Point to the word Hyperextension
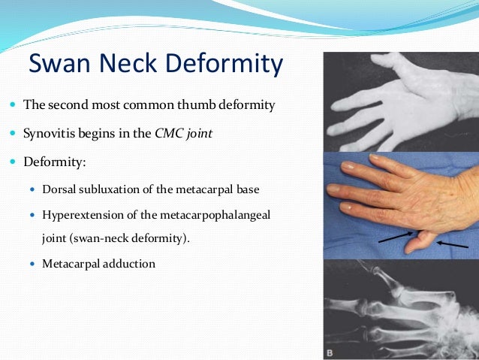click(x=81, y=215)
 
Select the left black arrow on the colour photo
click(x=393, y=237)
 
